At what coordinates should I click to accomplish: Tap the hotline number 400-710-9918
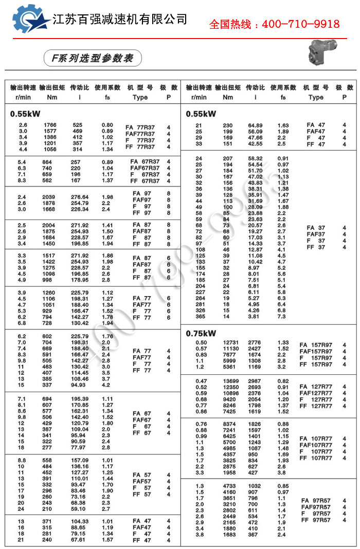(274, 24)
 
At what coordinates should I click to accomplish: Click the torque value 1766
(50, 125)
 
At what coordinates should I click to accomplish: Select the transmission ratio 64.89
(255, 125)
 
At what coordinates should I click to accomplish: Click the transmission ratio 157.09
(79, 460)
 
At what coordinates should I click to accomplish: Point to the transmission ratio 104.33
(79, 521)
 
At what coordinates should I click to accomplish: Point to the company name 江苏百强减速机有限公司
(120, 20)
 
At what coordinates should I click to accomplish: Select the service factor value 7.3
(282, 317)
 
